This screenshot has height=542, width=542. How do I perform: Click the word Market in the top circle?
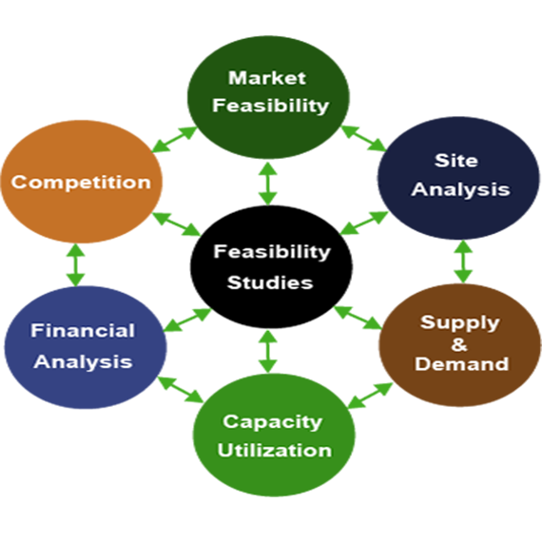(x=267, y=78)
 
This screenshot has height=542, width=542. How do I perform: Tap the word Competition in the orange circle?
(x=81, y=183)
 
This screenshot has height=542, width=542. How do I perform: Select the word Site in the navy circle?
(x=456, y=161)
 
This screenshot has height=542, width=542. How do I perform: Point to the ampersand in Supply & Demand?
(x=459, y=344)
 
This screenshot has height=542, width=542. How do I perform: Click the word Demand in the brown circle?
(x=461, y=364)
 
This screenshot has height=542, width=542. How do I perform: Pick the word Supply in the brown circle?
(x=460, y=324)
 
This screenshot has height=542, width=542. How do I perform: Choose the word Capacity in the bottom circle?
(x=273, y=422)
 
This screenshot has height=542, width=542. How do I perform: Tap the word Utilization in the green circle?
(x=275, y=451)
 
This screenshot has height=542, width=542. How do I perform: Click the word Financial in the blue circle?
(x=83, y=331)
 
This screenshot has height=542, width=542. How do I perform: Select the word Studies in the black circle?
(x=270, y=282)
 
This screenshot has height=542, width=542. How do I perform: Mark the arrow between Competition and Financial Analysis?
(x=76, y=265)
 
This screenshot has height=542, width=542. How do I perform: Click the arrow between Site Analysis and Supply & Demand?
(x=463, y=261)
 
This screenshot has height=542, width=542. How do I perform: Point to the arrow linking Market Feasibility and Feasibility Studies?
(x=268, y=184)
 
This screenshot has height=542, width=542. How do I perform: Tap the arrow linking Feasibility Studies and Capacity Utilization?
(x=268, y=352)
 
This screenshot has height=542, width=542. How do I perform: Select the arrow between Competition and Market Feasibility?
(x=174, y=140)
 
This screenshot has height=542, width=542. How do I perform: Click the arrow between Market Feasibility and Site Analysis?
(x=363, y=138)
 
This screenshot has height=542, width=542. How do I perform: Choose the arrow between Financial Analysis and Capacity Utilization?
(x=181, y=390)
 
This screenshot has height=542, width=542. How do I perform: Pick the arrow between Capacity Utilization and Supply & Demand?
(x=370, y=396)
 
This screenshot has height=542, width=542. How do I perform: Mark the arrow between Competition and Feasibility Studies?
(x=177, y=224)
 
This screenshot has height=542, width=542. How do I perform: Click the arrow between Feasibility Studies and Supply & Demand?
(x=358, y=318)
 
